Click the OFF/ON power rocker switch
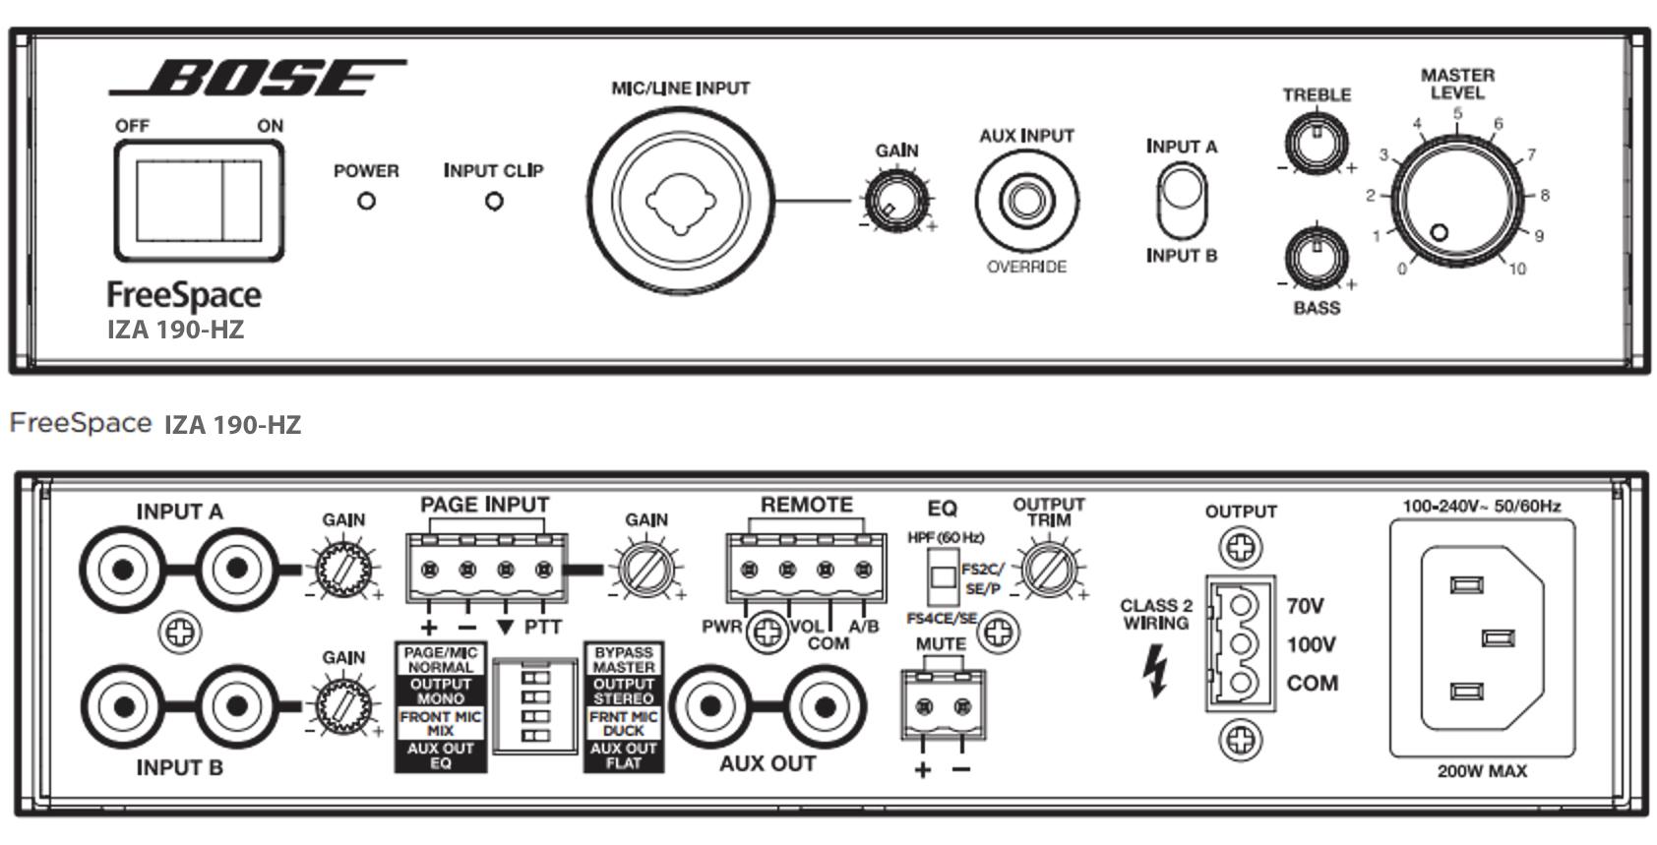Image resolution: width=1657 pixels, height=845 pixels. [199, 201]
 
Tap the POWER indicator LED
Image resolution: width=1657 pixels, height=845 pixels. [366, 202]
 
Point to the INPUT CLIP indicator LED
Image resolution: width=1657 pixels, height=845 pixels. [494, 202]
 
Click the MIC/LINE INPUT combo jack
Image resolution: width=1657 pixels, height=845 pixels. [681, 201]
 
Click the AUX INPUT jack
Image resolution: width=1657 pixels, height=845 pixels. [1026, 202]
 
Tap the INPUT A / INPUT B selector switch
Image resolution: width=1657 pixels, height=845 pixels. [1181, 201]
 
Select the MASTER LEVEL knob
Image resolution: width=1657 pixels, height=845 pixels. [1457, 198]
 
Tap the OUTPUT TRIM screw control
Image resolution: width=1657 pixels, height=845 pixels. [1047, 570]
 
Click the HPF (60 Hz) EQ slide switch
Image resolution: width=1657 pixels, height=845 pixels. [944, 576]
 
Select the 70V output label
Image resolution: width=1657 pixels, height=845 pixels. [1305, 606]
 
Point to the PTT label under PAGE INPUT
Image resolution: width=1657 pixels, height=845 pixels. [543, 628]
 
